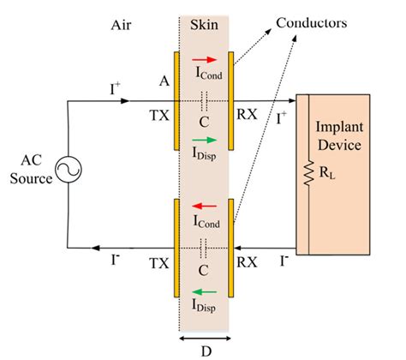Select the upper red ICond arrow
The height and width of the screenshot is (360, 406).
pyautogui.click(x=204, y=62)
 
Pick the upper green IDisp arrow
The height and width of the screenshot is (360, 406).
pyautogui.click(x=204, y=139)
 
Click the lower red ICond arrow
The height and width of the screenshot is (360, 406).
pyautogui.click(x=204, y=207)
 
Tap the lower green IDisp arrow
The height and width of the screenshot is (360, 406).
pyautogui.click(x=204, y=284)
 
